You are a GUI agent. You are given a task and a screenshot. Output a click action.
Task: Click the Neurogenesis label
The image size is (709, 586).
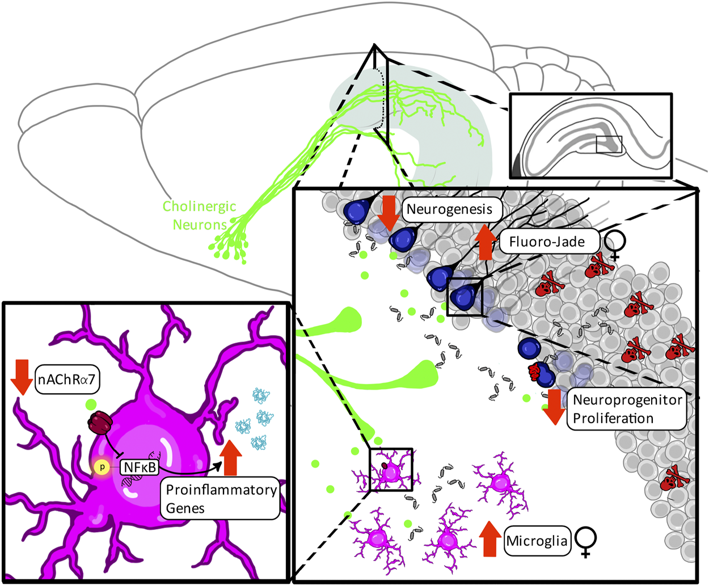click(449, 209)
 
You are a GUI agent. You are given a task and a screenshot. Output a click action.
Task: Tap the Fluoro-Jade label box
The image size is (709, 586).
click(547, 242)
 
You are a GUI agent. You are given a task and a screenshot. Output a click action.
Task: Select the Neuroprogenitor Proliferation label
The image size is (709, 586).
click(627, 409)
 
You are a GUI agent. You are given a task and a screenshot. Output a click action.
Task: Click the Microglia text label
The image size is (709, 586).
click(536, 541)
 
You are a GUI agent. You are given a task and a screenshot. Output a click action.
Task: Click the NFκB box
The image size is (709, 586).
click(140, 467)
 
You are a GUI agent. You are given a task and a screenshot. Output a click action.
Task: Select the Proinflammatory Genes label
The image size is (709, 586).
click(221, 499)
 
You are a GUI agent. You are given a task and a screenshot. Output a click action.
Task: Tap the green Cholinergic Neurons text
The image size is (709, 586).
click(199, 216)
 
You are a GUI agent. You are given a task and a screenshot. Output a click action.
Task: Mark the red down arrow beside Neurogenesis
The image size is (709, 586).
click(390, 213)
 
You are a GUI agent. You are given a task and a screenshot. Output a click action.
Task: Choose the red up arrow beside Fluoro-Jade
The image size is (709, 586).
click(486, 242)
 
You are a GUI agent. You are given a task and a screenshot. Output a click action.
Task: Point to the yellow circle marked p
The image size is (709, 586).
click(102, 467)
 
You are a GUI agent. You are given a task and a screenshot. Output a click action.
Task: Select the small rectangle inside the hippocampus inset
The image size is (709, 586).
click(609, 144)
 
